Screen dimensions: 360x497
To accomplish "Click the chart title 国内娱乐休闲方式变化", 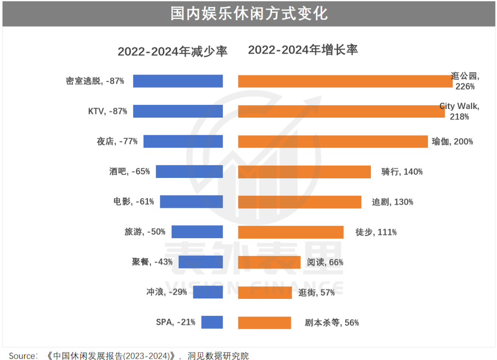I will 248,13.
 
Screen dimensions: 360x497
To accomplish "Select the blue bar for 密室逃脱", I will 178,81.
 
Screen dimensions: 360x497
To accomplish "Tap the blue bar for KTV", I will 178,111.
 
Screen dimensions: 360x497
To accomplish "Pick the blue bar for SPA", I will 212,322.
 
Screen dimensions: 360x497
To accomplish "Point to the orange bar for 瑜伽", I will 332,142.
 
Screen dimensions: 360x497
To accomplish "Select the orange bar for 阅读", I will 269,262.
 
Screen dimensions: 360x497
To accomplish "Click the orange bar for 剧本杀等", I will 264,322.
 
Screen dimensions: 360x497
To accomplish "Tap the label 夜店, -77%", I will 117,142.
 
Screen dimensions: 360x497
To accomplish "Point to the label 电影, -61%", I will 133,202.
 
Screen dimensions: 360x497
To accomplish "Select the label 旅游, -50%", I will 144,232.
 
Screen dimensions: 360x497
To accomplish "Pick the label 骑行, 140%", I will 402,172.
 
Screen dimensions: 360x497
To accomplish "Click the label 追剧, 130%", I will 392,202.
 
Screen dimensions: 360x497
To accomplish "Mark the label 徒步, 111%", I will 376,232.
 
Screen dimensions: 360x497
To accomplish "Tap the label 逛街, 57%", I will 316,292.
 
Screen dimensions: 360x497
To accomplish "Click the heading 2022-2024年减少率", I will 172,51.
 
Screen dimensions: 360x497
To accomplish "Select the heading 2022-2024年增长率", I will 303,50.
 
